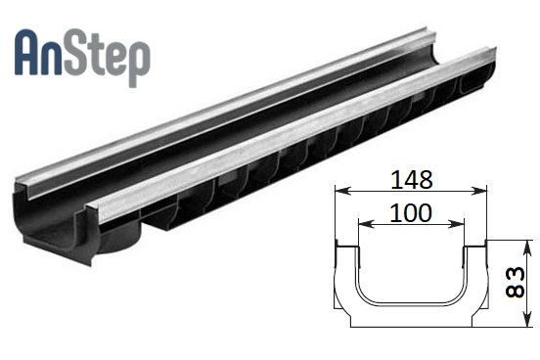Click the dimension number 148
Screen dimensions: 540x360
click(x=412, y=179)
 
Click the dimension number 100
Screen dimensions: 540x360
click(x=411, y=212)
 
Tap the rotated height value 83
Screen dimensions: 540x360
click(x=515, y=283)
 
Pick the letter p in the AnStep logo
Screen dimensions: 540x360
click(x=138, y=64)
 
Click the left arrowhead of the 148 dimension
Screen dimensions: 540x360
click(x=342, y=191)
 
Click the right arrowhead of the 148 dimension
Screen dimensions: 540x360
click(x=479, y=191)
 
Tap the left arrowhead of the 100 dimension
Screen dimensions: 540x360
click(x=366, y=224)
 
